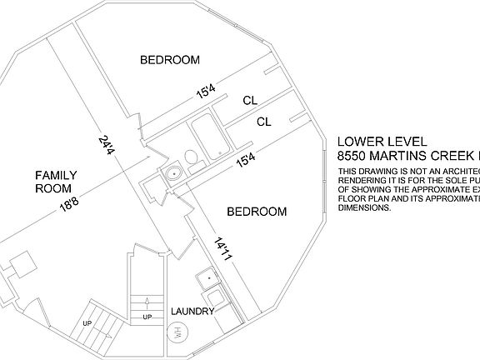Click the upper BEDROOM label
(x=170, y=60)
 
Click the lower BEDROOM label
(x=257, y=212)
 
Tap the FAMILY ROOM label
(x=56, y=182)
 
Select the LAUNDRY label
(x=192, y=312)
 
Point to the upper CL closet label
(x=250, y=101)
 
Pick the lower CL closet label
(x=264, y=122)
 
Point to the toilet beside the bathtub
(x=191, y=157)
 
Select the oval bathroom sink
(x=172, y=174)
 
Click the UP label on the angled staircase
(x=87, y=322)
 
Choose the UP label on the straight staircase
(x=147, y=317)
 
